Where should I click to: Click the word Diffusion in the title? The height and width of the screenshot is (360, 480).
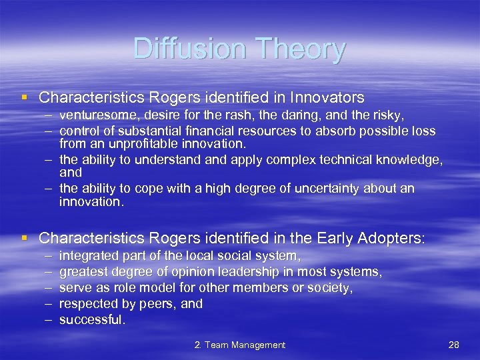point(188,49)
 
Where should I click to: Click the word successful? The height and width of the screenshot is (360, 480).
point(91,320)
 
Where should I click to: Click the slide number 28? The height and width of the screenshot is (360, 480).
point(454,345)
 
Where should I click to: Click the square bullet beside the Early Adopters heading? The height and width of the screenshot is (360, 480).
point(25,237)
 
